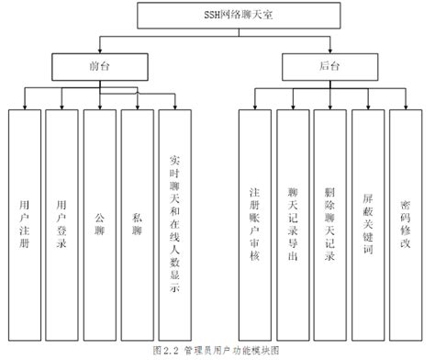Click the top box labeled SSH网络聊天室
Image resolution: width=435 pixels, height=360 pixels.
pyautogui.click(x=217, y=17)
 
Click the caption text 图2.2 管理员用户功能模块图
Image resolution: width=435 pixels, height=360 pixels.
pyautogui.click(x=217, y=350)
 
